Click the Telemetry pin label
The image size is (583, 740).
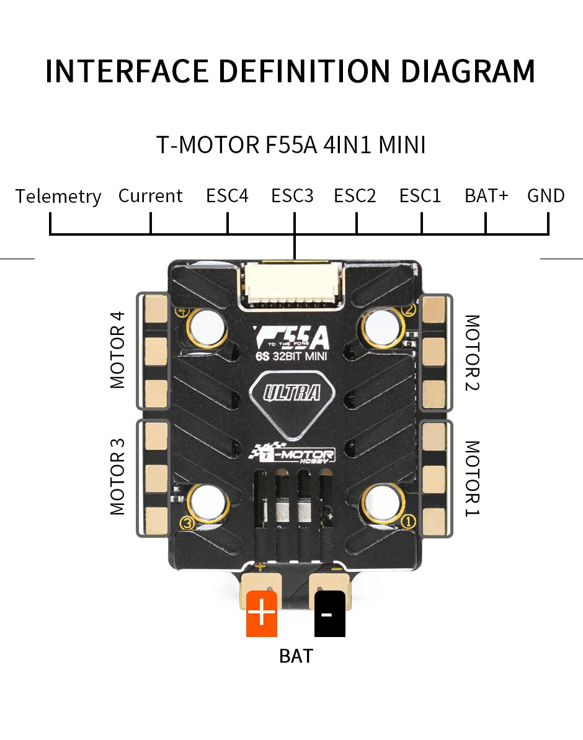click(x=58, y=197)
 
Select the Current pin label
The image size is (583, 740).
click(x=151, y=196)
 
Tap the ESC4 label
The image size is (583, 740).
click(x=228, y=196)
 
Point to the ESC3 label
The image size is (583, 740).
click(x=292, y=196)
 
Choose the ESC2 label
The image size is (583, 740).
click(x=355, y=196)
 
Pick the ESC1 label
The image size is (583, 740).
click(x=420, y=196)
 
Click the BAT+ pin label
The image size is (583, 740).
click(x=486, y=196)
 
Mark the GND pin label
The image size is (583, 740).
click(x=546, y=196)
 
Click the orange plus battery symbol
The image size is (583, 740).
click(x=262, y=614)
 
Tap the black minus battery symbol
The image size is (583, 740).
click(x=329, y=614)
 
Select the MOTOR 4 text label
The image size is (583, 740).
click(x=117, y=350)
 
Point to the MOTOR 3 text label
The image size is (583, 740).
click(x=117, y=476)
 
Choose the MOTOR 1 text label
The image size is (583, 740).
click(x=472, y=478)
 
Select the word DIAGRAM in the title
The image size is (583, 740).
click(x=468, y=71)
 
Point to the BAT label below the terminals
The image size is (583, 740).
click(x=296, y=656)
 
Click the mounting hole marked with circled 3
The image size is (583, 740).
click(x=208, y=501)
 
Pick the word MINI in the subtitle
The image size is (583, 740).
click(x=402, y=146)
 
